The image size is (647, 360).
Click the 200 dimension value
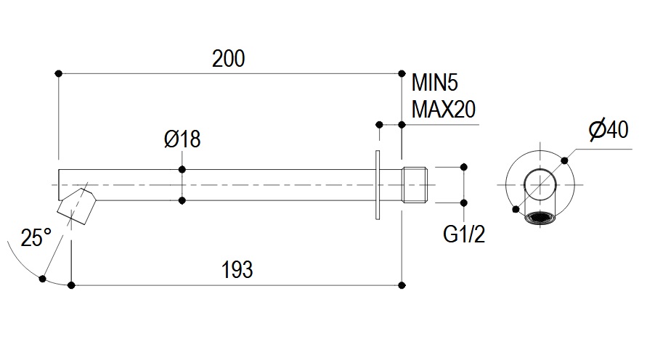point(229,59)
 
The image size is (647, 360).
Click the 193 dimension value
point(237,270)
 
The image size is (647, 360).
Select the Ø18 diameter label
point(182,139)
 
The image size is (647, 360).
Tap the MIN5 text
point(436,82)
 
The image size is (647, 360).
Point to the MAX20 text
point(443,110)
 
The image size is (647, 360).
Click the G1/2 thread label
point(464,234)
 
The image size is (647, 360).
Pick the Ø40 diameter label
point(607,131)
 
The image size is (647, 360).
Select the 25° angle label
point(36,238)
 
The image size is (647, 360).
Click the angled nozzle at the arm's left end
point(78,205)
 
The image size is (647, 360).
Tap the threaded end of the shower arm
point(417,185)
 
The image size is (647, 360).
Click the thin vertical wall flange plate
point(378,184)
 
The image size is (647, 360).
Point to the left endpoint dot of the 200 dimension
point(58,73)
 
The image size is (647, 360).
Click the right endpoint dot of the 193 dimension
point(402,285)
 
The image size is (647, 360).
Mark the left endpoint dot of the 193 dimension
point(71,285)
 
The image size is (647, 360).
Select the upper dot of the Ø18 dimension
point(182,169)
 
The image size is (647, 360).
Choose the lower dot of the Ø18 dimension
point(182,200)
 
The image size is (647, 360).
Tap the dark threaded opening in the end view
point(540,217)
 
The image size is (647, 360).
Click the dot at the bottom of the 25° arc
point(44,278)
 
